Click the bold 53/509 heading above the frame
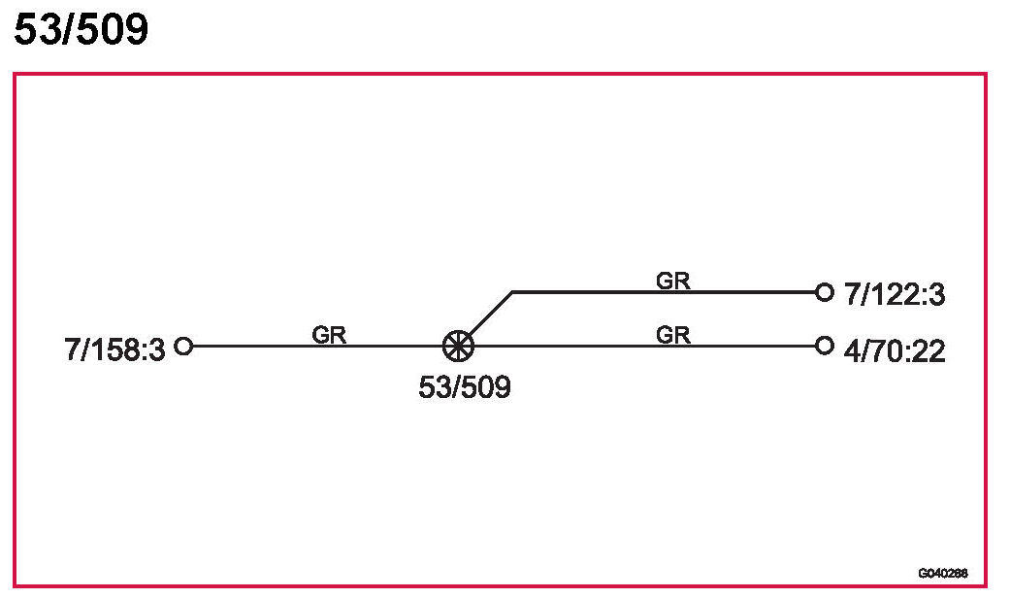coord(81,30)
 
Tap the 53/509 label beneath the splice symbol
coord(464,387)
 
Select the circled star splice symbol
coord(457,345)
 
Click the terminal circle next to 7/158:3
coord(183,345)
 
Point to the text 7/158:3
coord(115,349)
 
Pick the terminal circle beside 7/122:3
coord(825,291)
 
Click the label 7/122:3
coord(894,295)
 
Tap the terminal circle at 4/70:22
coord(825,345)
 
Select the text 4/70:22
coord(894,349)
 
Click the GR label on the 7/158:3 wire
coord(329,335)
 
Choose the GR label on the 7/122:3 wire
coord(673,281)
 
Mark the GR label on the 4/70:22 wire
coord(673,335)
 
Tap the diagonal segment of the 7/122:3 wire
coord(487,316)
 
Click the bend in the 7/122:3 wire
coord(512,291)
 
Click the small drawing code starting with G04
coord(942,573)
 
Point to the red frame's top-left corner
coord(15,74)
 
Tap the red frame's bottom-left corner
coord(15,585)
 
